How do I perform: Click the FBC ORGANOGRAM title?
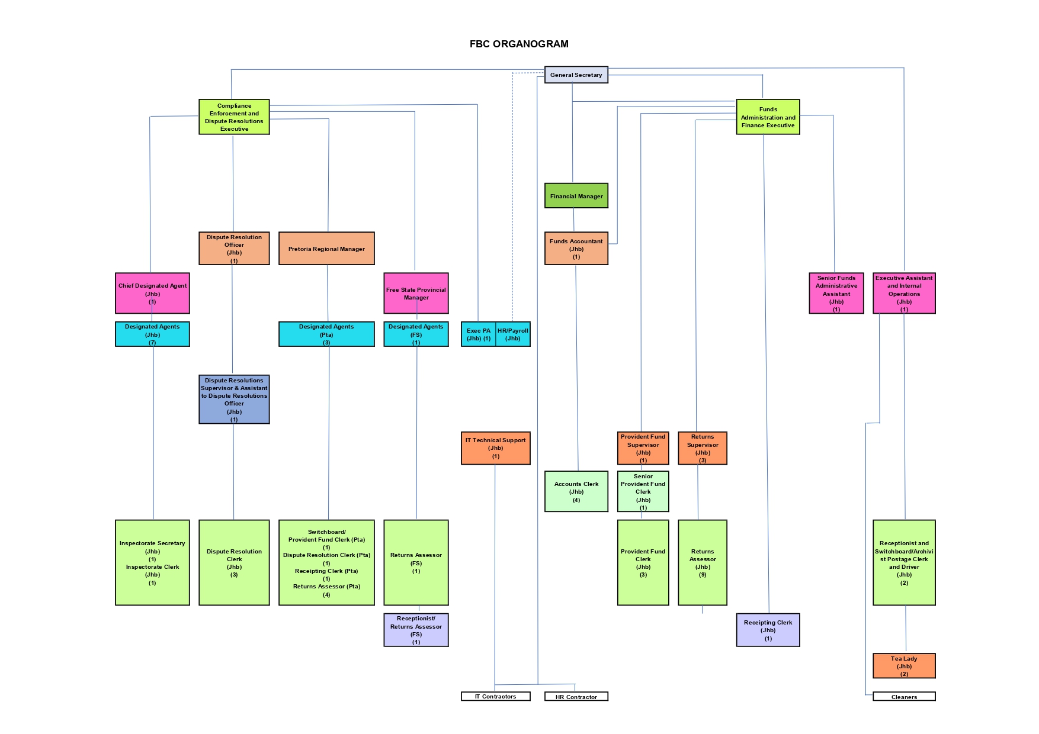coord(519,44)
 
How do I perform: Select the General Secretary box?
coord(576,75)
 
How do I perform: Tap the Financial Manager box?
coord(576,196)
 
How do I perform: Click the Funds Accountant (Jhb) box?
coord(576,249)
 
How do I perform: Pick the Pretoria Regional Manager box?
coord(326,249)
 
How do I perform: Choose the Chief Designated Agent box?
coord(152,293)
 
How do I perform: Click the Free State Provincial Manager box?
coord(416,293)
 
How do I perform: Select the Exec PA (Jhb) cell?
coord(478,334)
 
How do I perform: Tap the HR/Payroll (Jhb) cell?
coord(513,334)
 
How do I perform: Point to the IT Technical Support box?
coord(495,448)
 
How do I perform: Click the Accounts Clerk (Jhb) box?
coord(576,491)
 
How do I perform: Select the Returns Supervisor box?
coord(702,448)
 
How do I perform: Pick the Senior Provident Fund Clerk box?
coord(643,491)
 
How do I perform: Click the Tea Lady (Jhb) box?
coord(904,666)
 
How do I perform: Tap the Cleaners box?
coord(904,697)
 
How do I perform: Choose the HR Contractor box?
coord(576,697)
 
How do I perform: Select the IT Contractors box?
coord(495,697)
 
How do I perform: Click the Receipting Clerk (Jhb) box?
coord(768,630)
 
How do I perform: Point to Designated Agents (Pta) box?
coord(326,334)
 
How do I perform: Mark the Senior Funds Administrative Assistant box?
coord(836,293)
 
